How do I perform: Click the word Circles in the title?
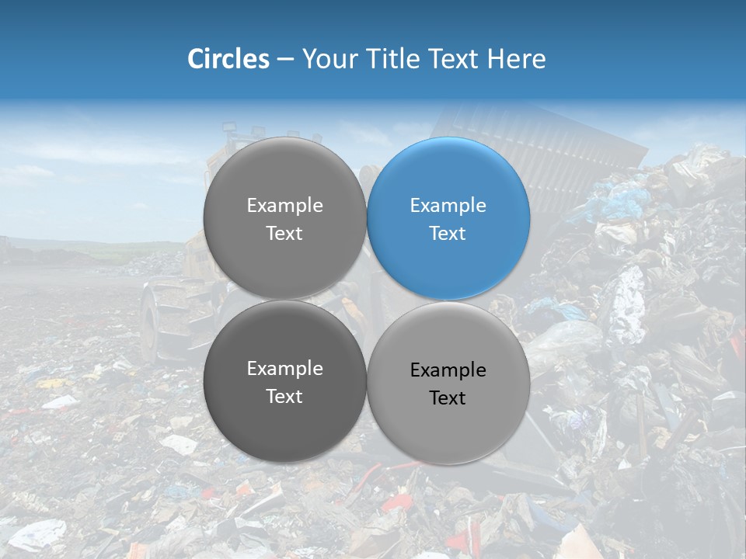click(228, 59)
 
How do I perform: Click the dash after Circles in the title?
click(285, 60)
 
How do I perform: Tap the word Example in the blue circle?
click(448, 206)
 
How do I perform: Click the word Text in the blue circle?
click(448, 233)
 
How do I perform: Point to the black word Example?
click(448, 370)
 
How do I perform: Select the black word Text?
click(448, 398)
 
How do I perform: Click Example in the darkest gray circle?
click(284, 369)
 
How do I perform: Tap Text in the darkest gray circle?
click(284, 396)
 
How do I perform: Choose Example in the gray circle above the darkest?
click(284, 206)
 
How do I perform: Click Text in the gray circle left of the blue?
click(284, 233)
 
